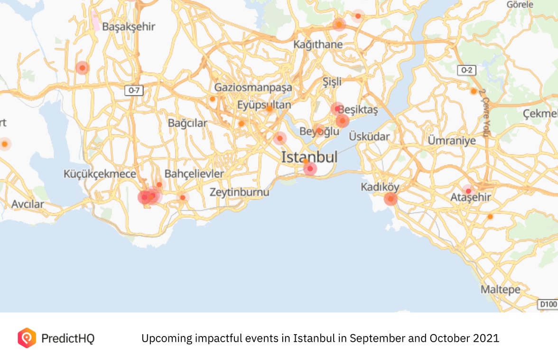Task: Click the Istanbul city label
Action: click(x=309, y=157)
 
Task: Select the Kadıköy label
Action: click(x=380, y=187)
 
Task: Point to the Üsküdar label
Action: click(x=369, y=137)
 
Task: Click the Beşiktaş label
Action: click(x=358, y=111)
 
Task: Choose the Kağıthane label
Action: click(x=318, y=45)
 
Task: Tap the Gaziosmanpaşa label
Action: click(x=253, y=87)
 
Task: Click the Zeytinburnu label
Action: click(x=239, y=192)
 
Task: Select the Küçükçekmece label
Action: click(x=100, y=174)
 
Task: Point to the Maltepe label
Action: click(x=500, y=289)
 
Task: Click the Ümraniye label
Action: click(x=451, y=140)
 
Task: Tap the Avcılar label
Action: click(x=28, y=205)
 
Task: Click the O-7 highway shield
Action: click(x=134, y=90)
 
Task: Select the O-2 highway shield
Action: click(x=467, y=71)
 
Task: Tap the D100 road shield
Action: click(x=548, y=304)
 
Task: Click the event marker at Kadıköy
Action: click(x=391, y=199)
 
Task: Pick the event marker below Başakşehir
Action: click(x=83, y=68)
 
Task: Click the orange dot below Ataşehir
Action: click(x=490, y=216)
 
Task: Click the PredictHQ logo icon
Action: click(x=27, y=338)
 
